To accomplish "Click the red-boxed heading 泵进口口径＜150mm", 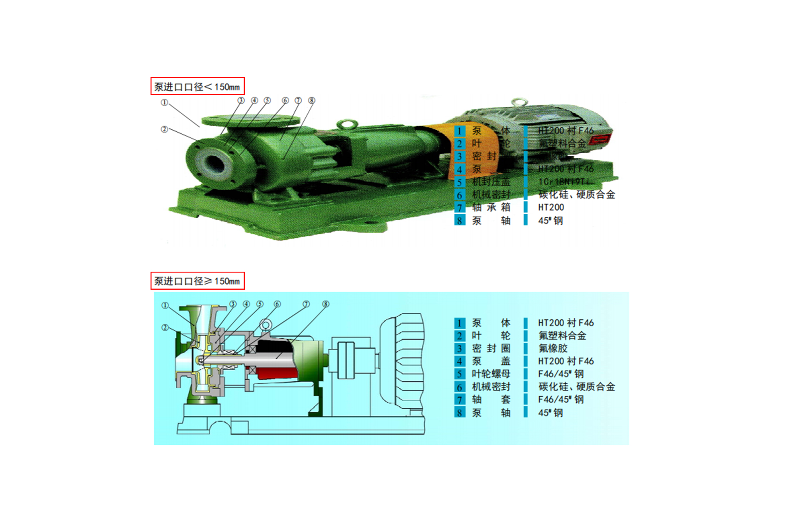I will tap(197, 86).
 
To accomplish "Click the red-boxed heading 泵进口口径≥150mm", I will tap(197, 281).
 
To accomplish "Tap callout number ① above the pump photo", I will tap(164, 102).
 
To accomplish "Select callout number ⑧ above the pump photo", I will tap(312, 100).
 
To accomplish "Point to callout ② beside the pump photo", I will tap(164, 129).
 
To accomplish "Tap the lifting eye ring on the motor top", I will tap(519, 102).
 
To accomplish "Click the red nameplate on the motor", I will tap(600, 139).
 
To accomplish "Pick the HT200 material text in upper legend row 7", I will tap(551, 208).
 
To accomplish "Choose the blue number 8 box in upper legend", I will tap(459, 220).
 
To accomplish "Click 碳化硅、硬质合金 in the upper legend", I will tap(577, 195).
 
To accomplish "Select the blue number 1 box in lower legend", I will tap(459, 323).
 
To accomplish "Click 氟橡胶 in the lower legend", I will tap(553, 348).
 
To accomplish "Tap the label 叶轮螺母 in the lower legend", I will tap(491, 374).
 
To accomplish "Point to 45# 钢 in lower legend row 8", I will tap(550, 413).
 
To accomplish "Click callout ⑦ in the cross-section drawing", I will tap(306, 304).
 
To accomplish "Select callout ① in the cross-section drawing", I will tap(165, 305).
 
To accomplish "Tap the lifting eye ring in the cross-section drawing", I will tap(265, 325).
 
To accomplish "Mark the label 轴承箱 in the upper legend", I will tap(491, 208).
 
